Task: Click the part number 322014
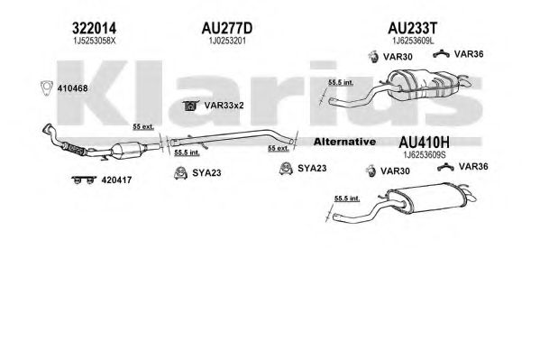pos(95,28)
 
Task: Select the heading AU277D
pos(227,28)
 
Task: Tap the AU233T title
pos(413,28)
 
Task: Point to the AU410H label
pos(424,142)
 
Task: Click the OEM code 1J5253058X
pos(95,41)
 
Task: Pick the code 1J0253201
pos(227,41)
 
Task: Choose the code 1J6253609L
pos(413,41)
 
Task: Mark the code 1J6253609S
pos(425,155)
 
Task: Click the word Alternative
pos(344,142)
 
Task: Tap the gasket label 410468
pos(72,88)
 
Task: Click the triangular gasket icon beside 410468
pos(46,88)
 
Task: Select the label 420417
pos(116,180)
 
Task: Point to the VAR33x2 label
pos(224,106)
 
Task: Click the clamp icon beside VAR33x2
pos(190,106)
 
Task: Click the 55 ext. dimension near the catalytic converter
pos(143,127)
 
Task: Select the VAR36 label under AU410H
pos(473,167)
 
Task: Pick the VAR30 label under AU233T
pos(398,57)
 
